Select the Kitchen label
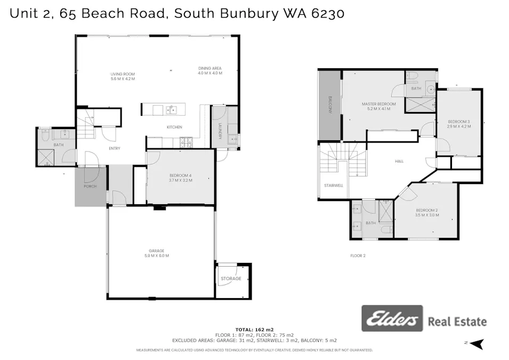point(174,127)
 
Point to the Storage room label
point(231,278)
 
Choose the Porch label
point(90,186)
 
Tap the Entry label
point(114,148)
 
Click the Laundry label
point(220,131)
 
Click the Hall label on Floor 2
point(399,161)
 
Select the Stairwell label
point(334,186)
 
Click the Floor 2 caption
point(358,256)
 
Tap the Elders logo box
point(392,319)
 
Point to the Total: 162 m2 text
point(254,330)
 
